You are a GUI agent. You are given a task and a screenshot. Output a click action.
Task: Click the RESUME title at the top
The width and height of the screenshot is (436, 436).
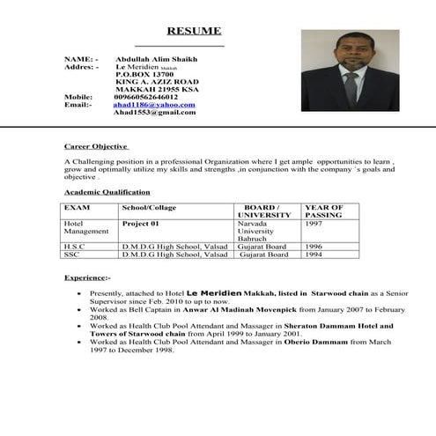point(188,31)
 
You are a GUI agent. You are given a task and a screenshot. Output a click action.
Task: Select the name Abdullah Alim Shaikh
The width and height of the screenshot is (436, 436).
point(156,59)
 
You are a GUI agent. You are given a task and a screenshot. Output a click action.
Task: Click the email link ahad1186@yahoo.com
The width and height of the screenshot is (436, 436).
point(154,105)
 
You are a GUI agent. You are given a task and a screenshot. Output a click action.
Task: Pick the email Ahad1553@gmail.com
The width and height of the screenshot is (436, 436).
point(154,114)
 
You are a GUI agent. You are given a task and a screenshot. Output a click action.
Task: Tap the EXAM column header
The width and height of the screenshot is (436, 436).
point(77,208)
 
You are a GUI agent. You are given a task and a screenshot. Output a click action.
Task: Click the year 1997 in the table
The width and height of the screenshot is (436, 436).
point(314,224)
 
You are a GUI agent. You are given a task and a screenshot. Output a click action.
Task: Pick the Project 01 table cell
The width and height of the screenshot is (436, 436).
point(140,224)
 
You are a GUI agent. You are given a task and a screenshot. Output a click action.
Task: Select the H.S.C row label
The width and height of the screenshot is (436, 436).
point(74,247)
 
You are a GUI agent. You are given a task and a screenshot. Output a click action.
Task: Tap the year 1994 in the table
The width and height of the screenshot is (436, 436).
point(314,255)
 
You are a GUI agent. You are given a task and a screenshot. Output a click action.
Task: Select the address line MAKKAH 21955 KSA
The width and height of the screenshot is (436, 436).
point(157,90)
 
